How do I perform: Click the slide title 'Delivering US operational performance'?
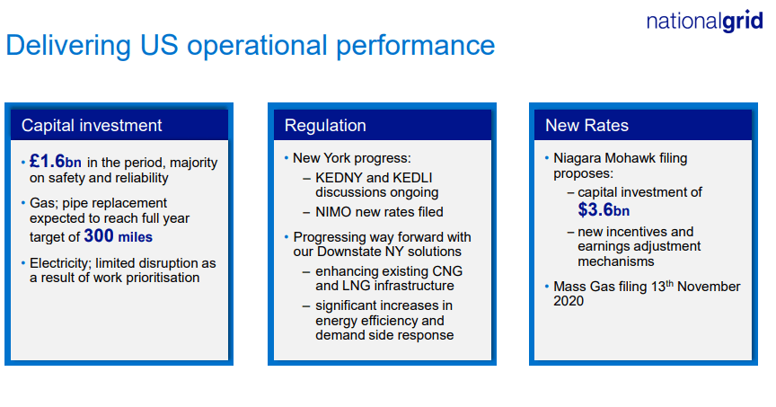(250, 46)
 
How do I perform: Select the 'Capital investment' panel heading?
(92, 126)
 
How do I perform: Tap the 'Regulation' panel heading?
(325, 126)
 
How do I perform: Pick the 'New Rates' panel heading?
(586, 126)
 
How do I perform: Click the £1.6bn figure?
(55, 162)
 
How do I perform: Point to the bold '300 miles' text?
(118, 236)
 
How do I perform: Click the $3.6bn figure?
(604, 210)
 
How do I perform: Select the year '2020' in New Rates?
(569, 301)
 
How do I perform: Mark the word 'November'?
(710, 287)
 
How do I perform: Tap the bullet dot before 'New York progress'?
(287, 158)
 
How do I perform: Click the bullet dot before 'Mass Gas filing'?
(547, 287)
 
